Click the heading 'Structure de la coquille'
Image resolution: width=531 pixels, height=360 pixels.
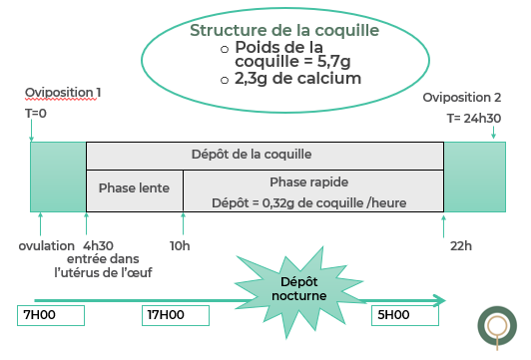click(284, 31)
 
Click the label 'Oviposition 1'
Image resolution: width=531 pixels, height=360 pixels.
click(64, 93)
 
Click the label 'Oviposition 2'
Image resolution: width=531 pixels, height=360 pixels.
click(462, 97)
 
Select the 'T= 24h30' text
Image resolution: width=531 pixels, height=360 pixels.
click(473, 118)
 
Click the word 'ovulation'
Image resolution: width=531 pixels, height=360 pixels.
click(46, 245)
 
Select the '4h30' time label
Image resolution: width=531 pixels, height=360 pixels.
click(98, 245)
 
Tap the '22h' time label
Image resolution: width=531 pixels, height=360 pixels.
click(461, 245)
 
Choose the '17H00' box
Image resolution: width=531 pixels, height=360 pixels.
click(176, 315)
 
